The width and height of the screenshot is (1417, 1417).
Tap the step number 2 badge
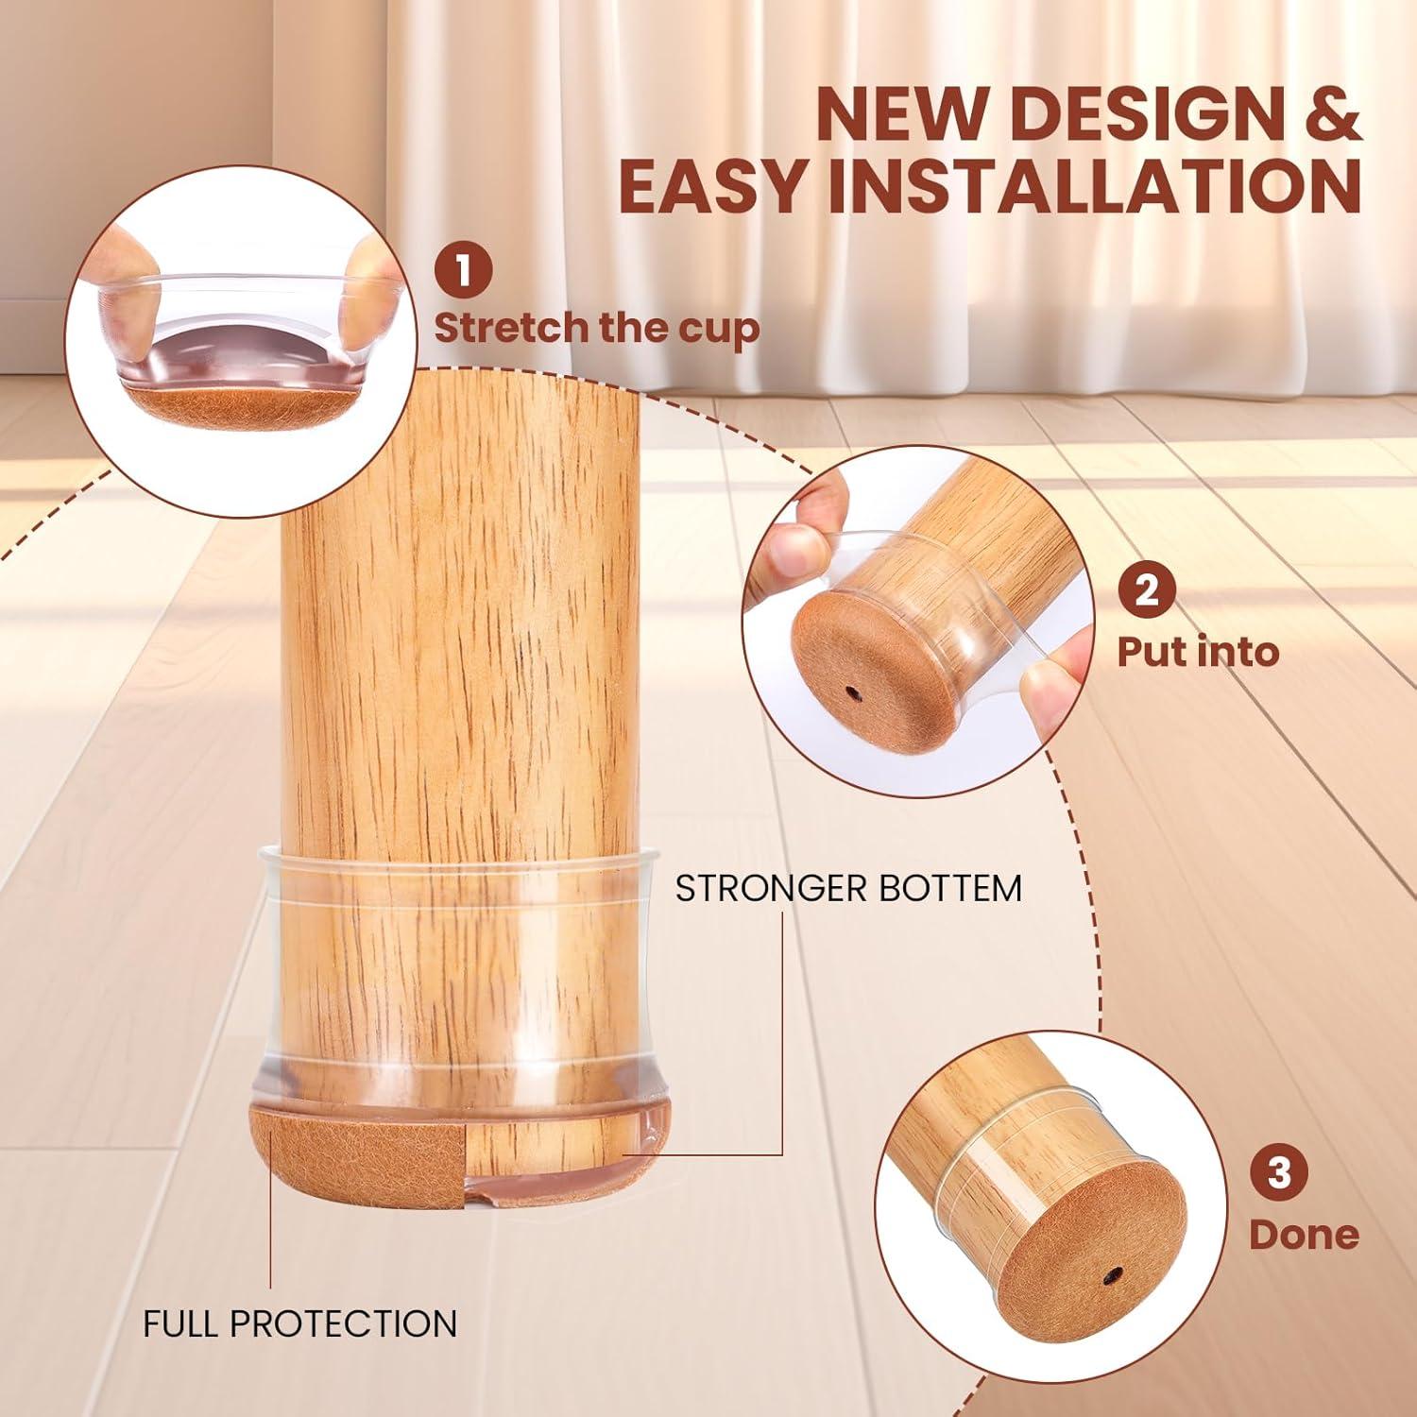(1146, 592)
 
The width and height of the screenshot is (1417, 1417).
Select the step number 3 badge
(1278, 1174)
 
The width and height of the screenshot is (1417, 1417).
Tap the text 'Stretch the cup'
(596, 328)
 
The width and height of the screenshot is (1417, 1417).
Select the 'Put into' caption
(1197, 652)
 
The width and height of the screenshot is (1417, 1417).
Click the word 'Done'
(1303, 1234)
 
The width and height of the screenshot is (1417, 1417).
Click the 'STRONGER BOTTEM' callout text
(848, 889)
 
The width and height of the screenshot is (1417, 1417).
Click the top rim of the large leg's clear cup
(458, 855)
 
